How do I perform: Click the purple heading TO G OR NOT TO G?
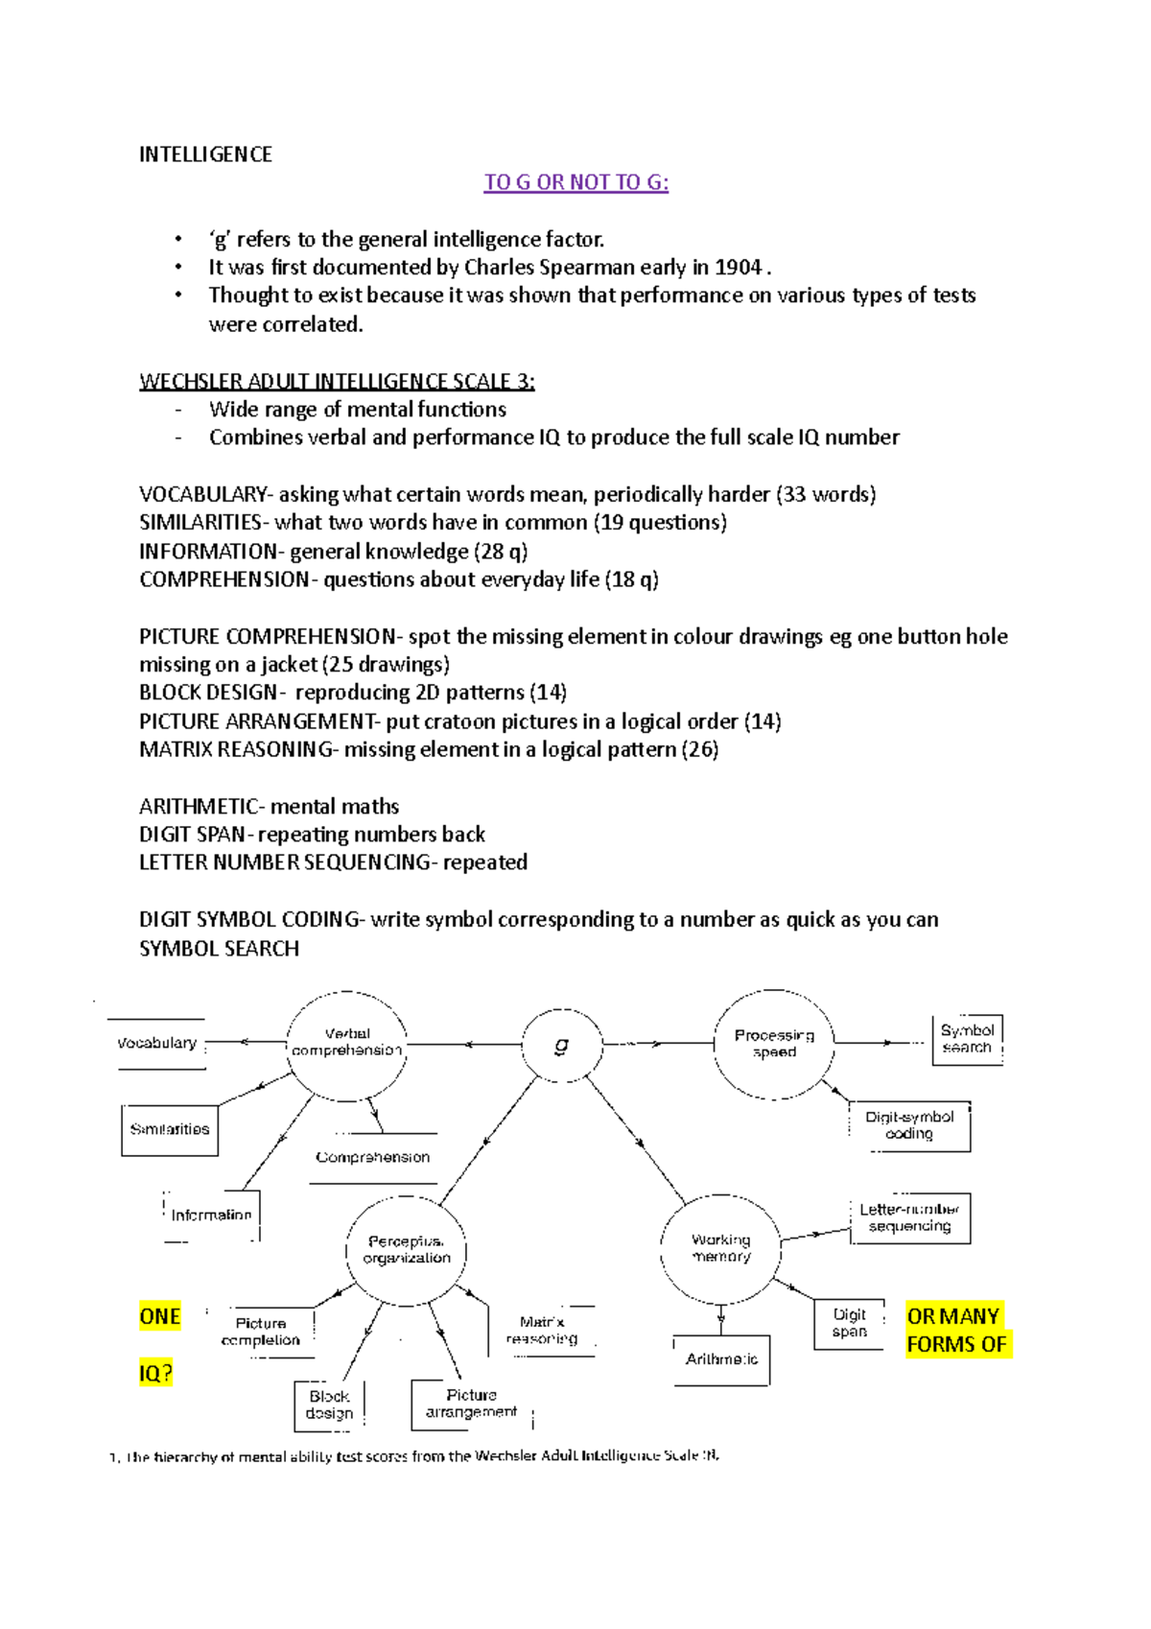[x=575, y=182]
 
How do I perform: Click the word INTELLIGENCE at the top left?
[x=205, y=154]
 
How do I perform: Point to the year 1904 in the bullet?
[x=739, y=268]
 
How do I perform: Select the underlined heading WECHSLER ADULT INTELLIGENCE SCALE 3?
[x=337, y=381]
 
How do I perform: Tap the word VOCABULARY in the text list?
[x=202, y=494]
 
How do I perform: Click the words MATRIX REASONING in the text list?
[x=236, y=749]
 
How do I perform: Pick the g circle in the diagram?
[x=562, y=1045]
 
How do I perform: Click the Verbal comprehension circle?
[x=347, y=1043]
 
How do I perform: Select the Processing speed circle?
[x=774, y=1044]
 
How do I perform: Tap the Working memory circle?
[x=721, y=1248]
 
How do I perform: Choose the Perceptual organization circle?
[x=407, y=1249]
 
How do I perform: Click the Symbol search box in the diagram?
[x=967, y=1039]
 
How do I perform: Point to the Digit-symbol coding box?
[x=909, y=1125]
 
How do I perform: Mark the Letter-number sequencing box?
[x=909, y=1217]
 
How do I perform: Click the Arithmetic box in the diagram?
[x=721, y=1359]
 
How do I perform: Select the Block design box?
[x=329, y=1405]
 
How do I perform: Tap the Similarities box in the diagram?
[x=170, y=1129]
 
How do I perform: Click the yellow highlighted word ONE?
[x=160, y=1316]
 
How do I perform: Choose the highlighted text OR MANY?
[x=953, y=1316]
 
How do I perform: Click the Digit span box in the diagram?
[x=849, y=1323]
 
